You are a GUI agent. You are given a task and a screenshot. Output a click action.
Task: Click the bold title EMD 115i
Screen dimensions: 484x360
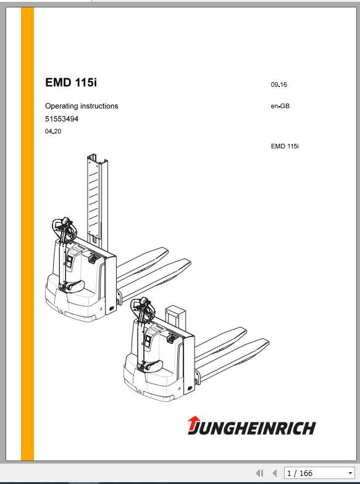71,83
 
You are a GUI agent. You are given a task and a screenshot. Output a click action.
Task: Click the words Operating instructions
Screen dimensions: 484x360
82,106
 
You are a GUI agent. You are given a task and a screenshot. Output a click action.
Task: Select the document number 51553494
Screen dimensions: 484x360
62,119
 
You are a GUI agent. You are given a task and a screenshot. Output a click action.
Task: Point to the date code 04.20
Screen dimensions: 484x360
53,131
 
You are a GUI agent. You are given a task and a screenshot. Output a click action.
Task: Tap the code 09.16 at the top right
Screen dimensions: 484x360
278,85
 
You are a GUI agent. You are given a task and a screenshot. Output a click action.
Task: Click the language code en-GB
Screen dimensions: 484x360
280,106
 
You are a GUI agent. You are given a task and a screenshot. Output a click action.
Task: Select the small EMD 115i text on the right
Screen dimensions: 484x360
285,146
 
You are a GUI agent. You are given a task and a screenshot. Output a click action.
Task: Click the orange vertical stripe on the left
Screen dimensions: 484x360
27,235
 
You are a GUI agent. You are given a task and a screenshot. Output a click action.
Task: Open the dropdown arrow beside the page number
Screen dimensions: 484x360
350,474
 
